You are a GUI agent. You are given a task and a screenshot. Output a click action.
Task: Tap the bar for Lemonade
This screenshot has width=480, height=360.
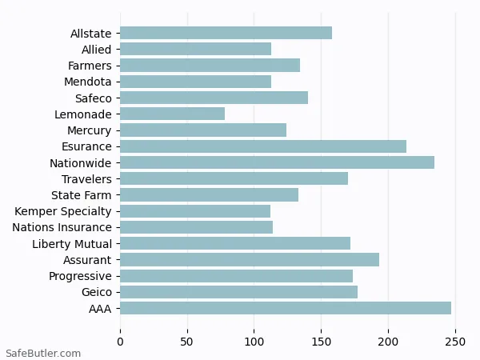172,114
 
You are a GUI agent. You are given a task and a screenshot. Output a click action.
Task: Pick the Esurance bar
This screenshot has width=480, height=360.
263,146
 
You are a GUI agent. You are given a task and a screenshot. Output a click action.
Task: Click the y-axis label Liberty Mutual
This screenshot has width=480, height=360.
72,244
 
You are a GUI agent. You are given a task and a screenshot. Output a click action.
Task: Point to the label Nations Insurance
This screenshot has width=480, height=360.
62,227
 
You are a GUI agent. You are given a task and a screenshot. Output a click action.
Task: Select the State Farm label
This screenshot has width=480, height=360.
82,195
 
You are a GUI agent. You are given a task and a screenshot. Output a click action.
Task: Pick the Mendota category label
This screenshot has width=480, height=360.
88,82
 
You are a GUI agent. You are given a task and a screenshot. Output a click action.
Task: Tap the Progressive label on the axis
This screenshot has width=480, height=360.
80,276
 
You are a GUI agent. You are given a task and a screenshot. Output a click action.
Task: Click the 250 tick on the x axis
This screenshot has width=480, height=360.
455,342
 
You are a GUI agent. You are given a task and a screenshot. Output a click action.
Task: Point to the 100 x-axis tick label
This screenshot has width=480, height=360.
254,342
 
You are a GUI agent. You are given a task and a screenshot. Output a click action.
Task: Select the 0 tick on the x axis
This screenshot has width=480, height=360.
120,342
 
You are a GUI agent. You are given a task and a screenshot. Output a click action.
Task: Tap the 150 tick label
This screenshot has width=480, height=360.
322,342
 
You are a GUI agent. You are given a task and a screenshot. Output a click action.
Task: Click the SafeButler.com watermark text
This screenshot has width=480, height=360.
43,353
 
